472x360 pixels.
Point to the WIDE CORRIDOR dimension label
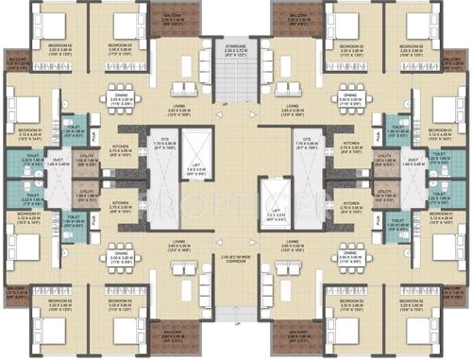click(235, 258)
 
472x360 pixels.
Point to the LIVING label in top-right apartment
click(294, 107)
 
